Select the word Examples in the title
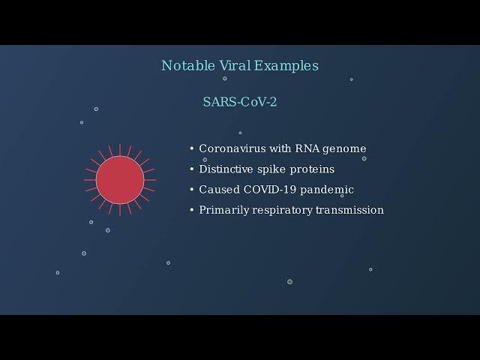(286, 66)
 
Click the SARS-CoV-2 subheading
(240, 102)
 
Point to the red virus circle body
(120, 180)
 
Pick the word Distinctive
(226, 169)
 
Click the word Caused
(220, 190)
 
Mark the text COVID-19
(270, 190)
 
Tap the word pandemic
(327, 190)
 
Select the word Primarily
(223, 211)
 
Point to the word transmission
(349, 210)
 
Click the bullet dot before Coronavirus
(192, 148)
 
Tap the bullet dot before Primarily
(192, 210)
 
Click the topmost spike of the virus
(120, 150)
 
